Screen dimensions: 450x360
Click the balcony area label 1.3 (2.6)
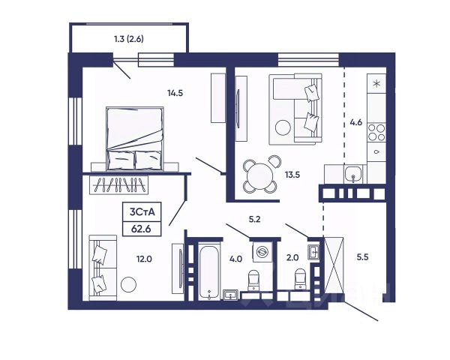(129, 39)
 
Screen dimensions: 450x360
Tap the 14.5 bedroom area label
(175, 93)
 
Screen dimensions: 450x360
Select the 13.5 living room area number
(292, 174)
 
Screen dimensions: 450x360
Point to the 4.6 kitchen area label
(355, 122)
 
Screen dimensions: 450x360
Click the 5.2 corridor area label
(254, 220)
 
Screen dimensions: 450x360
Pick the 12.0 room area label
(144, 259)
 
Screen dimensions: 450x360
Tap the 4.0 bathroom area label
(235, 259)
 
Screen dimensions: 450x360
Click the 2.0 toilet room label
(292, 257)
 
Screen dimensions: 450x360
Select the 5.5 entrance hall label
(362, 257)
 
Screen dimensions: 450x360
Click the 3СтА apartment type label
(142, 211)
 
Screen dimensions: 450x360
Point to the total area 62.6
(141, 229)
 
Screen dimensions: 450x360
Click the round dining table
(259, 176)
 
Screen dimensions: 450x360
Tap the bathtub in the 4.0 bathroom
(209, 271)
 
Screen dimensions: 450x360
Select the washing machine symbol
(262, 251)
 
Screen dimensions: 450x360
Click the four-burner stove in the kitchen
(376, 132)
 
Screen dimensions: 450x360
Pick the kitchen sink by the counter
(353, 174)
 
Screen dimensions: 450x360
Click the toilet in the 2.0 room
(300, 279)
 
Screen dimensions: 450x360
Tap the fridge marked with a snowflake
(376, 83)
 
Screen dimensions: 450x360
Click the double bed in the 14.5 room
(134, 139)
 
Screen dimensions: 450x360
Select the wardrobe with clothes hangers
(118, 184)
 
